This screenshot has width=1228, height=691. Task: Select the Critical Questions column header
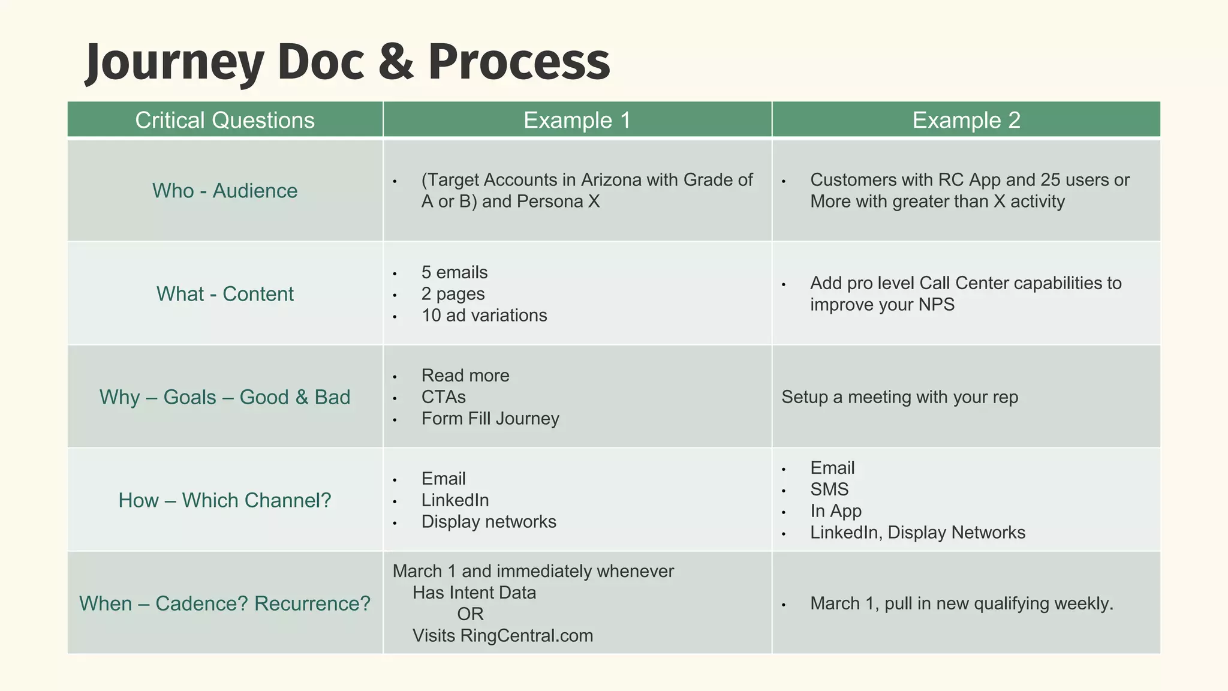point(225,120)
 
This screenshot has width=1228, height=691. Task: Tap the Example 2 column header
point(966,120)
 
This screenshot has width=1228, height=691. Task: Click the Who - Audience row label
point(225,191)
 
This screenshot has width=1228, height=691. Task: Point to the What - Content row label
point(225,294)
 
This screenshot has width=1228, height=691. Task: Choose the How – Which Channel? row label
point(225,500)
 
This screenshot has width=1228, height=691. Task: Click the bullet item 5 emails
point(455,272)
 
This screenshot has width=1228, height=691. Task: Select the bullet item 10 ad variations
point(484,316)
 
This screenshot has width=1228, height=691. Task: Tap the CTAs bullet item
point(443,397)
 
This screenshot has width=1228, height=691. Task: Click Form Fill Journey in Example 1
point(490,419)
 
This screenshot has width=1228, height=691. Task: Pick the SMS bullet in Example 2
point(829,489)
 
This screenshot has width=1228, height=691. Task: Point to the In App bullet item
point(836,511)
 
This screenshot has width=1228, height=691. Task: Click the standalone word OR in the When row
point(470,614)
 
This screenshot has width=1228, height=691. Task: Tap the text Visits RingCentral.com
point(502,636)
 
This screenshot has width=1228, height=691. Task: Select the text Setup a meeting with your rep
point(899,397)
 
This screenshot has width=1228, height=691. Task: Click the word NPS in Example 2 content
point(937,305)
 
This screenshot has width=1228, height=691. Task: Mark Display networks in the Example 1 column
point(489,522)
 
